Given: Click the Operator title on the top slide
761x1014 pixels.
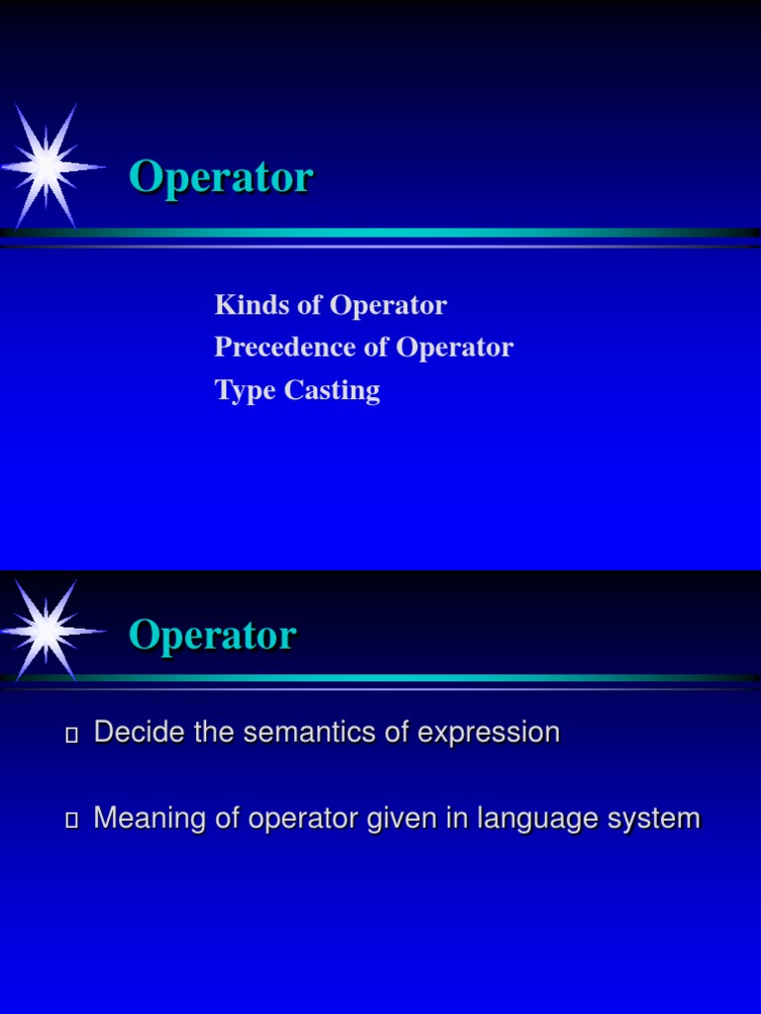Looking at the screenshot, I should click(x=221, y=178).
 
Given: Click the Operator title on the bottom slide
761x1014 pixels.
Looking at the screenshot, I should click(x=212, y=636).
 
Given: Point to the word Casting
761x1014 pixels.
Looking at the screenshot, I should click(x=332, y=391).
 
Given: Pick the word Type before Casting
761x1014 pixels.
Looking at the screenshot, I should click(x=246, y=391).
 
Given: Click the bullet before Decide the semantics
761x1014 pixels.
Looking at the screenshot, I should click(x=70, y=735).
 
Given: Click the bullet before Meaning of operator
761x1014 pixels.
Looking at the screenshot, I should click(x=70, y=821).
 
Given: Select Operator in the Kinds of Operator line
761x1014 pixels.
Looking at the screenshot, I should click(x=388, y=306).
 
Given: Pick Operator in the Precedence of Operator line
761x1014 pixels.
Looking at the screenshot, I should click(x=455, y=349).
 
